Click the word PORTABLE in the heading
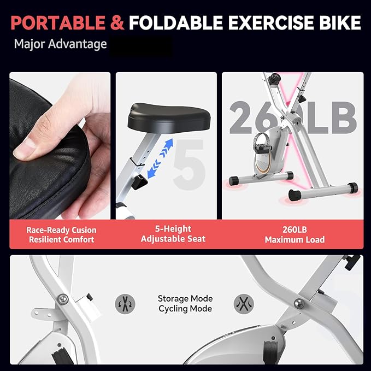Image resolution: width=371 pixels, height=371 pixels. [57, 23]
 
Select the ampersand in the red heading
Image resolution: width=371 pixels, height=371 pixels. [117, 23]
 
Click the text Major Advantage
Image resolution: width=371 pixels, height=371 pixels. [60, 44]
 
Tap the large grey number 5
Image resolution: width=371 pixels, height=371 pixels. [189, 161]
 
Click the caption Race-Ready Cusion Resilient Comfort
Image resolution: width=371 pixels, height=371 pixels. [61, 234]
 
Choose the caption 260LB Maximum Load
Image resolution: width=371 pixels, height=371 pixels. [295, 234]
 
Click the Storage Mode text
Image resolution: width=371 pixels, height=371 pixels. [185, 299]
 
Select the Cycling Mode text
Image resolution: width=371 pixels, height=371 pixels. [185, 309]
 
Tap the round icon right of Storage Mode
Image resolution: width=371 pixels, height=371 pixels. [243, 303]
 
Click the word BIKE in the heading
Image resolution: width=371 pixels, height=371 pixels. [337, 23]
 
